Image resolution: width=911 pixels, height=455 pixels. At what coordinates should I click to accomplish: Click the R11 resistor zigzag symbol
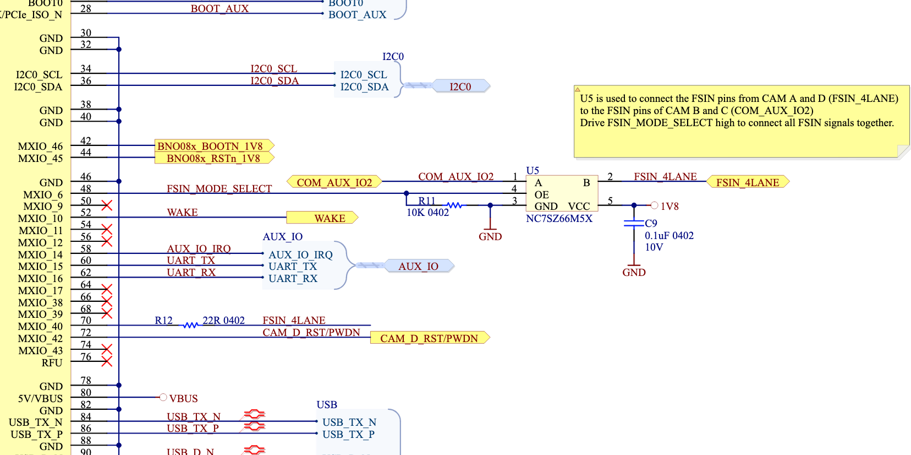(x=454, y=205)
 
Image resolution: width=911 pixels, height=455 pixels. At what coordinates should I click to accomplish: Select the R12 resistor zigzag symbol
(x=190, y=325)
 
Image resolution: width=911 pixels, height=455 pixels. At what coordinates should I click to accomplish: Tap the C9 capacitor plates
(x=634, y=223)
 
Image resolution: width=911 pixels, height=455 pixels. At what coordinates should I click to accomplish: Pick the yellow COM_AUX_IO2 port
(x=334, y=182)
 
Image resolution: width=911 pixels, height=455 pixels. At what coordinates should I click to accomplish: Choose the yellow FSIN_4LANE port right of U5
(x=748, y=182)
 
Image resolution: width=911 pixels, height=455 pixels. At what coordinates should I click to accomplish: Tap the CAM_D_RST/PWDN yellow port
(x=430, y=338)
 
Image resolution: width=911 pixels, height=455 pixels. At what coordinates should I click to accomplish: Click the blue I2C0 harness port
(x=460, y=86)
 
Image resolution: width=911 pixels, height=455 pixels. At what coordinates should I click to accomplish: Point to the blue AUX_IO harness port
(x=419, y=266)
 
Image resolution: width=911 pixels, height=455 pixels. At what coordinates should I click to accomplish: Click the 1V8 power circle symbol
(x=654, y=205)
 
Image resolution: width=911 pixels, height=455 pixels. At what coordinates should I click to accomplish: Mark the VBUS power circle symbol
(x=163, y=397)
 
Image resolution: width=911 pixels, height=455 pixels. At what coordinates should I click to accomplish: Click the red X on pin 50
(x=107, y=205)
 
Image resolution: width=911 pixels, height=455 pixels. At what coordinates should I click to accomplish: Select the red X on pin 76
(x=107, y=361)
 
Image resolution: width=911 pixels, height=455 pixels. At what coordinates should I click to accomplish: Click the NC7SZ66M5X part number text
(x=559, y=219)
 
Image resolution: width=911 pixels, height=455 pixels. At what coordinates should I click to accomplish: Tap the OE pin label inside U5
(x=541, y=194)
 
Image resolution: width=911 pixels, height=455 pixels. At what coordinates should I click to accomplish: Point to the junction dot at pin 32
(x=119, y=49)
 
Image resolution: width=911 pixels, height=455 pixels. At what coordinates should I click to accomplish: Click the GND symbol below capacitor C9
(x=634, y=269)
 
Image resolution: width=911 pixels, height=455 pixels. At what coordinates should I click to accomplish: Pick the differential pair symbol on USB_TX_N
(x=255, y=415)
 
